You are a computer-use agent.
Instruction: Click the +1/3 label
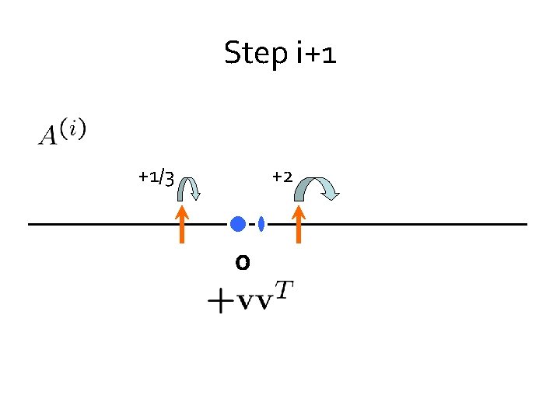(156, 177)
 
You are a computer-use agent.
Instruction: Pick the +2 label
(282, 177)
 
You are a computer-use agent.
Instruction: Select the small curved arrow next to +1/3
(189, 189)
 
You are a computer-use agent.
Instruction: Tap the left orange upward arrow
(181, 225)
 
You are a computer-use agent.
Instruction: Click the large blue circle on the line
(238, 224)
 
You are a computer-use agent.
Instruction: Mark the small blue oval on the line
(261, 224)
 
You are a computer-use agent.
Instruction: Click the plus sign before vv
(220, 302)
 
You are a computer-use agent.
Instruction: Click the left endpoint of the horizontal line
(30, 224)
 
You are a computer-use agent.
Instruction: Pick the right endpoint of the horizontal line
(526, 224)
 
